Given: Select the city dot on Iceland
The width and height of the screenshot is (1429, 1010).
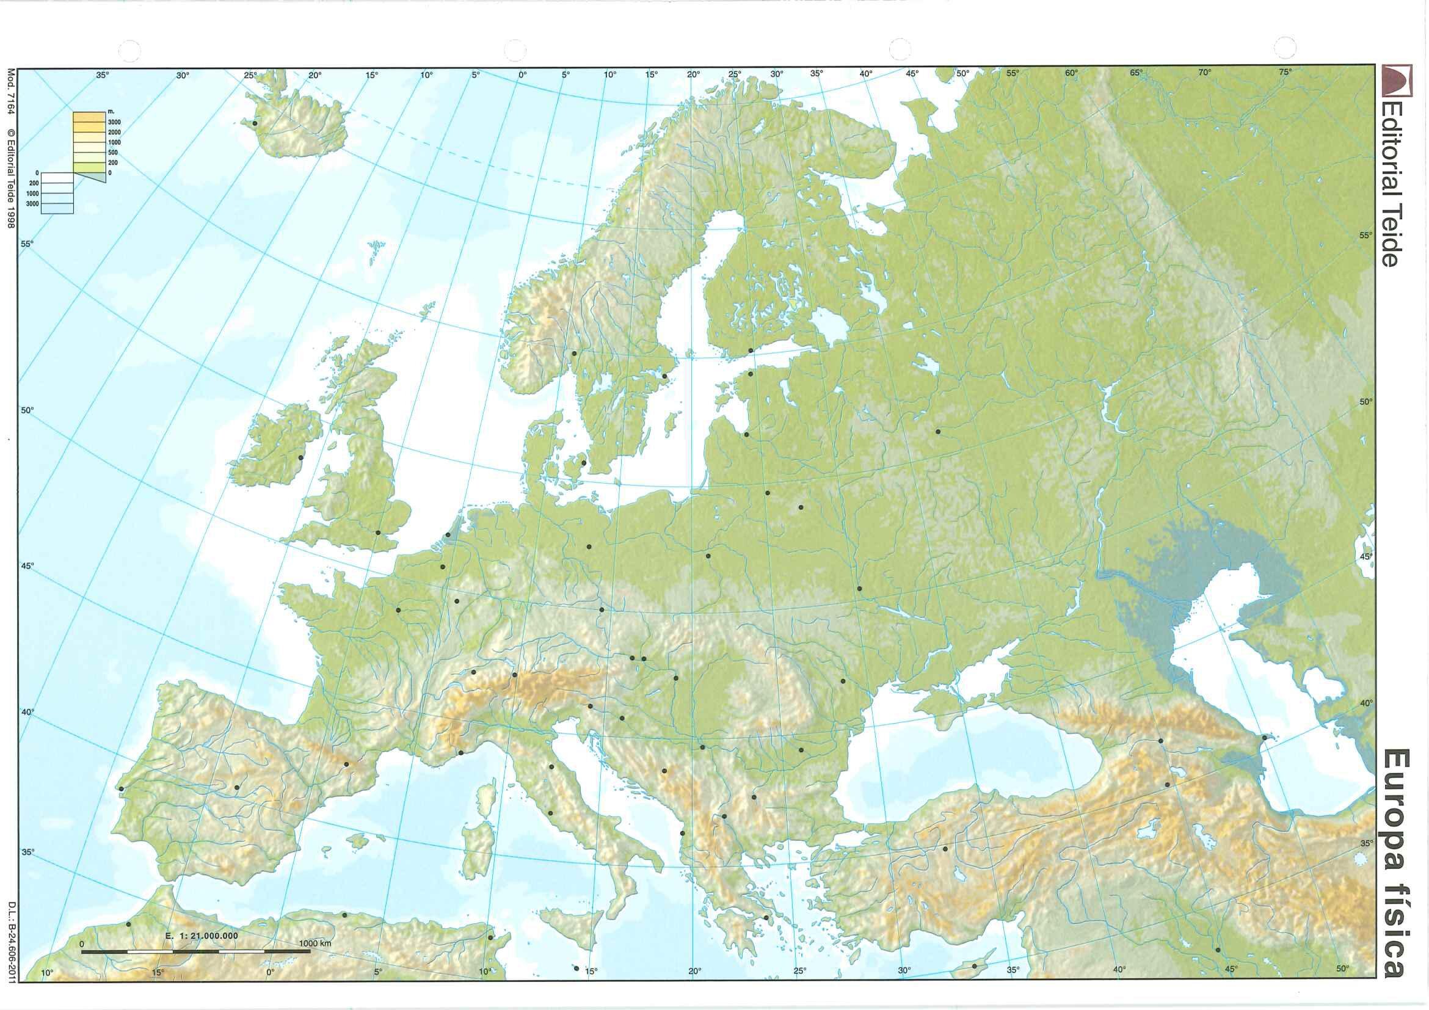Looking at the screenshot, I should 254,123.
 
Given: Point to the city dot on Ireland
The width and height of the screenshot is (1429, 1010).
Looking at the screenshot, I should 300,457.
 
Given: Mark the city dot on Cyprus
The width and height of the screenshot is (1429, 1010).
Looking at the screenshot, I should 975,983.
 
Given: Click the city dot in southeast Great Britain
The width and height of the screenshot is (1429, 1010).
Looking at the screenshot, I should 378,532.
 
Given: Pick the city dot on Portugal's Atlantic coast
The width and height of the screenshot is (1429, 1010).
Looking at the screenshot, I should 122,789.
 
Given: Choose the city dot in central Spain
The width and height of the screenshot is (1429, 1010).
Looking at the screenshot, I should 237,787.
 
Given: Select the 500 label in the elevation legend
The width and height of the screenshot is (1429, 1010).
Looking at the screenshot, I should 113,153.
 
